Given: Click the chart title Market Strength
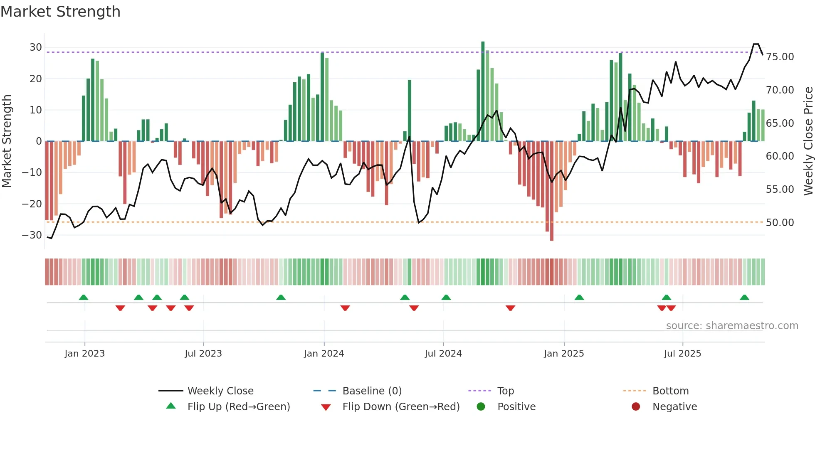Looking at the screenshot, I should point(60,12).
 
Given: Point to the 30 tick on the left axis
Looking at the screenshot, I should point(36,47).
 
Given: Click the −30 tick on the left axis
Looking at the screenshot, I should point(32,235).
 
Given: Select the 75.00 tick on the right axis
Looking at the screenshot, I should point(780,57).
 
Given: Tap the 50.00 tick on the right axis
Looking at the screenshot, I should point(780,223).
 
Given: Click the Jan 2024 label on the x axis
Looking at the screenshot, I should point(324,354).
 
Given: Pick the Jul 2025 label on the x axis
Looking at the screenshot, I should point(682,354).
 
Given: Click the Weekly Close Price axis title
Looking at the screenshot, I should point(808,141).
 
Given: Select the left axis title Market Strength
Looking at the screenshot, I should point(7,141).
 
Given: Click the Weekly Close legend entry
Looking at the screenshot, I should point(220,391).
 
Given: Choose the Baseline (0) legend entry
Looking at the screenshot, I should point(372,391).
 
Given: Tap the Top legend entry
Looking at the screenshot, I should point(506,391).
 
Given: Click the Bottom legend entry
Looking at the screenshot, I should point(670,391).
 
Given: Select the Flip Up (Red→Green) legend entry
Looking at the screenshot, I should point(238,407).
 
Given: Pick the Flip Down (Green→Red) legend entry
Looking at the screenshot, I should point(401,407).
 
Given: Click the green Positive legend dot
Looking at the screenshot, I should point(481,407).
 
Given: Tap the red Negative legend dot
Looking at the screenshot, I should point(636,407).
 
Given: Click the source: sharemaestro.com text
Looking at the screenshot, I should point(732,326).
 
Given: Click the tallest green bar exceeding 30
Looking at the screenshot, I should point(483,91).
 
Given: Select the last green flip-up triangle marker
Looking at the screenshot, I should point(744,298).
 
